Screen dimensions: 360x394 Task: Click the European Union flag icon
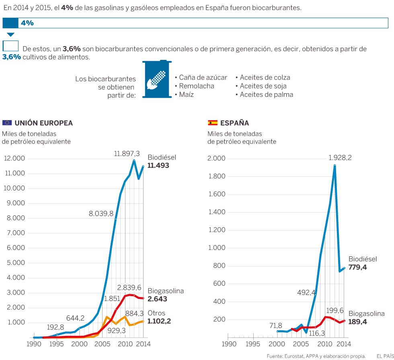pos(7,123)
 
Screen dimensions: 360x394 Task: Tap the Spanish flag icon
pos(212,123)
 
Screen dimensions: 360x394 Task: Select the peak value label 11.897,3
pos(127,153)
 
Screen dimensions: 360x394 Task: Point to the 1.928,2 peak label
pos(340,158)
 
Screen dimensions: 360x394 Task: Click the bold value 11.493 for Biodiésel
pos(158,165)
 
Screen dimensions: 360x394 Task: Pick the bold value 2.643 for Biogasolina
pos(157,299)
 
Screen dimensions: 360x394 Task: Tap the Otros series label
pos(156,313)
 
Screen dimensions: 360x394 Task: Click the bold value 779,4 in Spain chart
pos(357,267)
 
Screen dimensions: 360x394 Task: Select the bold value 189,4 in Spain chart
pos(357,322)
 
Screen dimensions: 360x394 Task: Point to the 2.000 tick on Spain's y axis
pos(216,159)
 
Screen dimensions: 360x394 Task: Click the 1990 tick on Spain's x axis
pos(229,344)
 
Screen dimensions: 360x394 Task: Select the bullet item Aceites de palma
pos(266,95)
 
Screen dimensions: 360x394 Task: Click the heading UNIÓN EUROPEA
pos(44,123)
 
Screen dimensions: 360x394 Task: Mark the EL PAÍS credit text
pos(384,356)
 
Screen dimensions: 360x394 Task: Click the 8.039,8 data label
pos(101,214)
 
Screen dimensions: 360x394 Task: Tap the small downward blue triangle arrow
pos(10,35)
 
